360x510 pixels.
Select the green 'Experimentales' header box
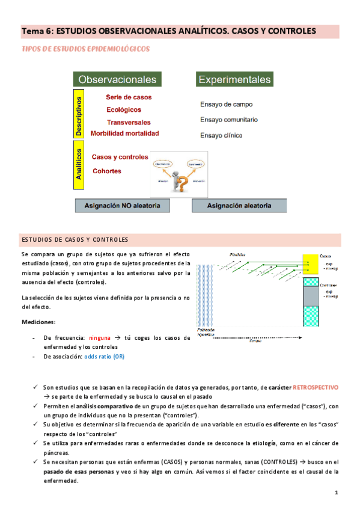click(x=234, y=79)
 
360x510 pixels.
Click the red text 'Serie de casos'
click(x=129, y=97)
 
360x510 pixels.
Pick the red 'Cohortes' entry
click(x=107, y=171)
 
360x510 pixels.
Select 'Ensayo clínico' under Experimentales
click(x=221, y=135)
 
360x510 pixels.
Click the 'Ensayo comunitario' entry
click(x=229, y=120)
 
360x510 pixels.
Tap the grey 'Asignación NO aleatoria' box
click(x=122, y=206)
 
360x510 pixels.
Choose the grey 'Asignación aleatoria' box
click(x=239, y=206)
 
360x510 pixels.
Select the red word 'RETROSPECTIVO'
click(x=316, y=389)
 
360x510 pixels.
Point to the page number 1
click(x=337, y=493)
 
